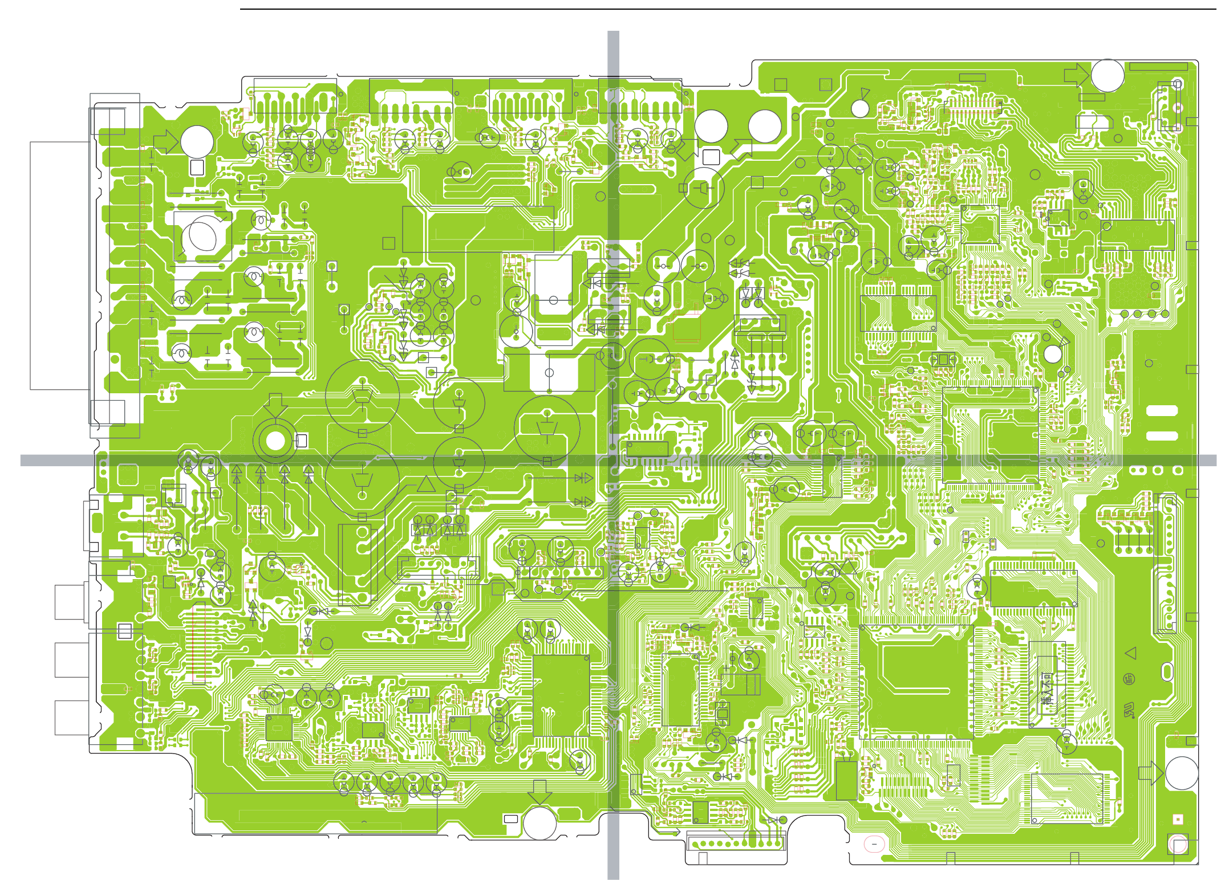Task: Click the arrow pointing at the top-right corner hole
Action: click(1077, 75)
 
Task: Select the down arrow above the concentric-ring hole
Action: click(275, 404)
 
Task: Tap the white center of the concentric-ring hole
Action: click(275, 441)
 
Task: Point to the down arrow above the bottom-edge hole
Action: click(539, 791)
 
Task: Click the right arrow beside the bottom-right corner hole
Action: click(1151, 773)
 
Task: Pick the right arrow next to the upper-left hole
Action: click(166, 142)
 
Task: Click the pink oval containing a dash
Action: click(874, 844)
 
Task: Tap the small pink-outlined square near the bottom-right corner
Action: click(1178, 819)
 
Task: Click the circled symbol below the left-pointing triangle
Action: click(1129, 678)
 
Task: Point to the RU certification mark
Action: click(1129, 710)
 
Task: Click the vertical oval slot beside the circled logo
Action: click(1167, 672)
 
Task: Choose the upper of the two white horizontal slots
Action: click(1162, 410)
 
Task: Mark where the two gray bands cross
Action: click(613, 461)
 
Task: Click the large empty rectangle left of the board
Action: click(59, 266)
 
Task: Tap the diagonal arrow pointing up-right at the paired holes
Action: click(741, 149)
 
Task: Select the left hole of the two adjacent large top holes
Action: click(711, 126)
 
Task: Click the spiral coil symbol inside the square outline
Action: click(202, 236)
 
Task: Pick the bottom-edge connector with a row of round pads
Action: click(736, 842)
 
